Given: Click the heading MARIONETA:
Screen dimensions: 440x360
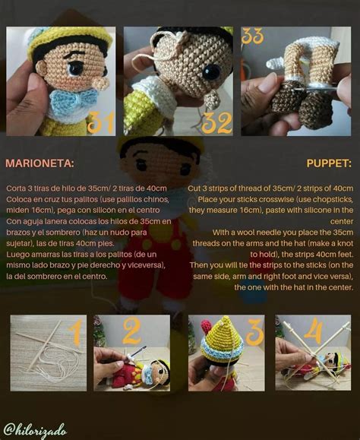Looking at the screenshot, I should tap(39, 163).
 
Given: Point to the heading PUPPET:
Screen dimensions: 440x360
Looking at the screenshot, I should tap(329, 163).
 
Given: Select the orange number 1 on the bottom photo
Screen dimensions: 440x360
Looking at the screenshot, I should tap(73, 333).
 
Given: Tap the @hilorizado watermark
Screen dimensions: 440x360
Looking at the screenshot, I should tap(37, 429).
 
